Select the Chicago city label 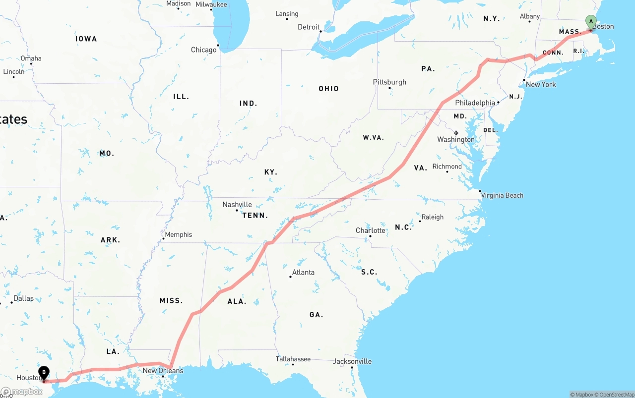pyautogui.click(x=204, y=50)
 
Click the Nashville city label pyautogui.click(x=237, y=204)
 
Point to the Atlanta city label pyautogui.click(x=303, y=272)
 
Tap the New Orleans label pyautogui.click(x=163, y=370)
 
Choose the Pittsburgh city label pyautogui.click(x=389, y=82)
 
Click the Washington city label pyautogui.click(x=455, y=139)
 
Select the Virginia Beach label pyautogui.click(x=502, y=195)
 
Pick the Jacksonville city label pyautogui.click(x=352, y=361)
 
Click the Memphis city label pyautogui.click(x=178, y=234)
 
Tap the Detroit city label pyautogui.click(x=309, y=27)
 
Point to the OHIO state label pyautogui.click(x=328, y=89)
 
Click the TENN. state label pyautogui.click(x=255, y=215)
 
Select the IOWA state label pyautogui.click(x=86, y=39)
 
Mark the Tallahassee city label pyautogui.click(x=293, y=359)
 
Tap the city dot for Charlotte pyautogui.click(x=370, y=236)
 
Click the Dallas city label pyautogui.click(x=23, y=298)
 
